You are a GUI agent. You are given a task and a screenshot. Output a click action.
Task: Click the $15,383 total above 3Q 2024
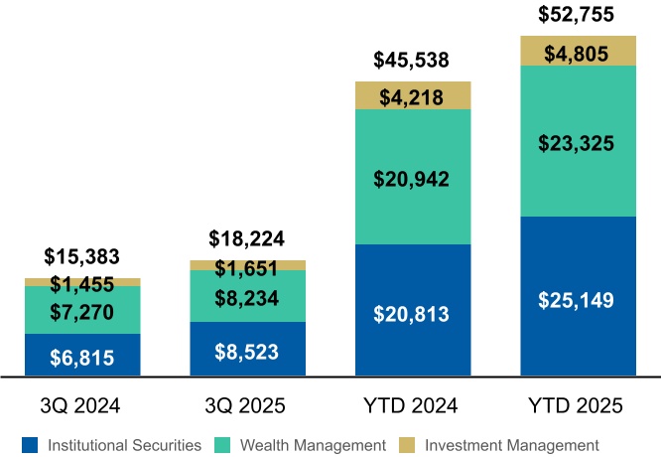click(x=82, y=256)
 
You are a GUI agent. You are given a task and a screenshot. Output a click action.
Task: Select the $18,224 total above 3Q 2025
click(x=247, y=239)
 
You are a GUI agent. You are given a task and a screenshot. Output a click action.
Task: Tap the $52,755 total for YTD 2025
click(x=577, y=15)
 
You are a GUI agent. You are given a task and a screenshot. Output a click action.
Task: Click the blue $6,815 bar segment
click(x=82, y=356)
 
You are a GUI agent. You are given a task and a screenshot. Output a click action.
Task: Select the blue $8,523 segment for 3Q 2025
click(x=247, y=350)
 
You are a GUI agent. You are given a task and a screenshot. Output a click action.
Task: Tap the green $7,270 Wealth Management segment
click(x=82, y=312)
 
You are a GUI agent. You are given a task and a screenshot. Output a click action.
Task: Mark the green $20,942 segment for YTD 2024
click(x=412, y=179)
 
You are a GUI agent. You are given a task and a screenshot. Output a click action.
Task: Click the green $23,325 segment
click(x=577, y=143)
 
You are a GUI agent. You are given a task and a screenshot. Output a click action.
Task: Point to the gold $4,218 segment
click(x=412, y=95)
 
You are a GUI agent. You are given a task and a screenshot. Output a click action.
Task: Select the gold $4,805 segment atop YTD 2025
click(x=577, y=53)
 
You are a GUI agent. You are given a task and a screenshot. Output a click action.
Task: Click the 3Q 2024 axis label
click(x=82, y=405)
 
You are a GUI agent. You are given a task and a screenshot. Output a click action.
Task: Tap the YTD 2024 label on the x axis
click(x=412, y=405)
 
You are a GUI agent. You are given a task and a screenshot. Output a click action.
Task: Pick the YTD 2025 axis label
click(x=577, y=405)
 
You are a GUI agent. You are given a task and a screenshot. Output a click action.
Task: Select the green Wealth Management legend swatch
click(x=231, y=444)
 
